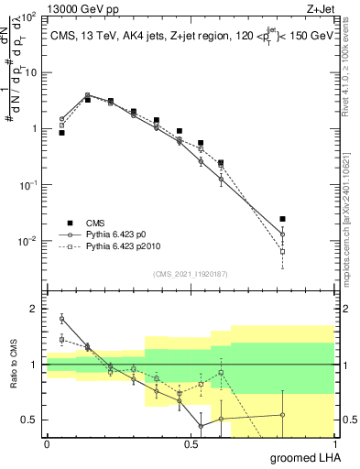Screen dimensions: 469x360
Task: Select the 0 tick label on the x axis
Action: (x=47, y=442)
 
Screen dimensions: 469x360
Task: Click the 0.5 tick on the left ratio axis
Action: (x=31, y=420)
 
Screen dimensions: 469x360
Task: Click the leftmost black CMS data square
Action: (x=61, y=133)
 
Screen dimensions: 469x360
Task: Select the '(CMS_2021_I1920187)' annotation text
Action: (x=191, y=272)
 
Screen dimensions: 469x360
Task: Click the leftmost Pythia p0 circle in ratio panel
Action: (x=61, y=319)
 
